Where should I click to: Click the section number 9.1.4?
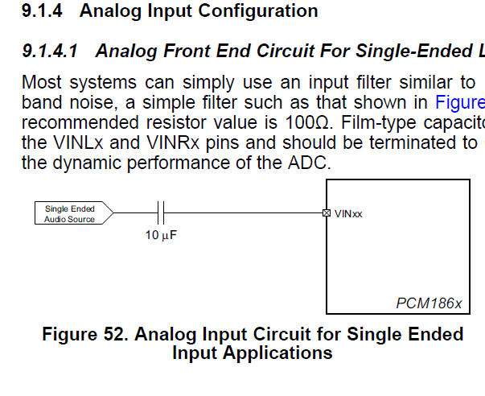[43, 11]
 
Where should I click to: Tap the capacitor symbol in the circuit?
[162, 213]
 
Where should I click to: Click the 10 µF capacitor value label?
[161, 237]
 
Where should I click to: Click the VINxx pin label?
[348, 214]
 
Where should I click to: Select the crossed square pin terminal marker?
[326, 213]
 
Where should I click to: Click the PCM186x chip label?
[429, 303]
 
